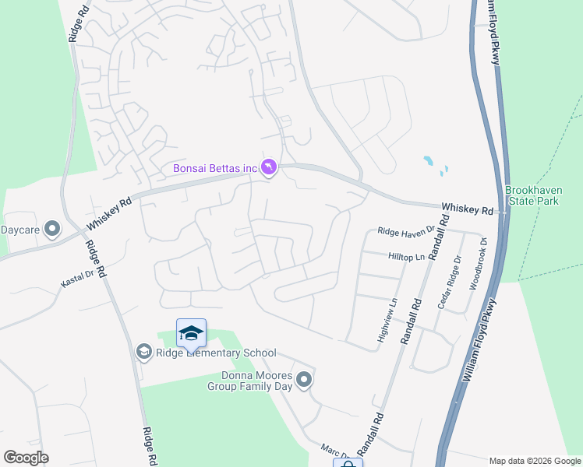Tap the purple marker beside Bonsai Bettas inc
(269, 168)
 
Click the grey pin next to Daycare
(52, 229)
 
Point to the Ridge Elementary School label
(216, 353)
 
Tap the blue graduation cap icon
(191, 334)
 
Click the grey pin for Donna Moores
(304, 380)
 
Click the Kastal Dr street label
(78, 276)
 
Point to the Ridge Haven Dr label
(404, 231)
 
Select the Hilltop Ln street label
(407, 256)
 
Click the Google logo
(26, 458)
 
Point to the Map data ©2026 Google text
(535, 461)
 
